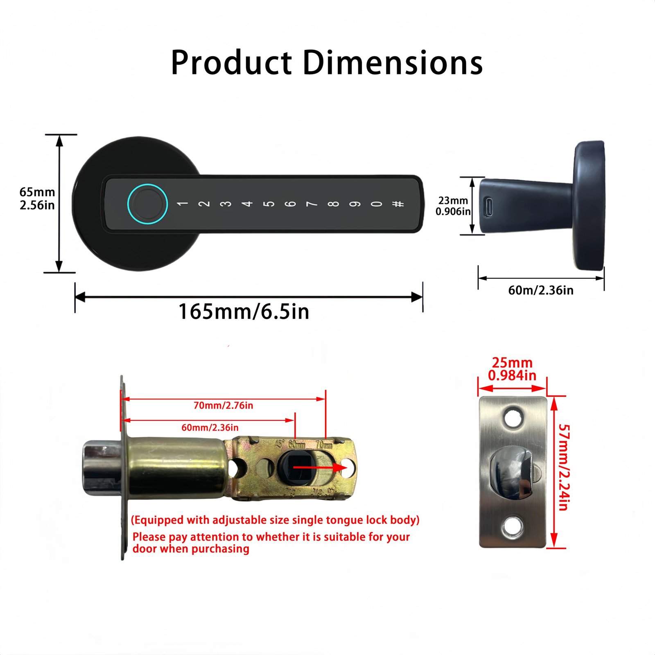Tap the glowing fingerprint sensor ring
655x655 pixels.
point(147,203)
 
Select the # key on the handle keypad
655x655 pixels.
point(398,203)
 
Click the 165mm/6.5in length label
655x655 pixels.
point(244,312)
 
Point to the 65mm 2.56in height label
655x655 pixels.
point(37,199)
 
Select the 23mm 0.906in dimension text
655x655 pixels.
point(453,206)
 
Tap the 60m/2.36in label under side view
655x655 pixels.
point(540,290)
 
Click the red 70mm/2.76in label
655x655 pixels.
point(223,405)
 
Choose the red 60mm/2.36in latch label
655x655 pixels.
point(210,427)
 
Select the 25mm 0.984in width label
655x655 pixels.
point(512,369)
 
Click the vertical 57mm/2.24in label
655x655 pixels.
point(564,467)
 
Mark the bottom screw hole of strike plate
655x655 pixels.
point(513,527)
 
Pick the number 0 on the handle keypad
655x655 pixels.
point(377,203)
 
